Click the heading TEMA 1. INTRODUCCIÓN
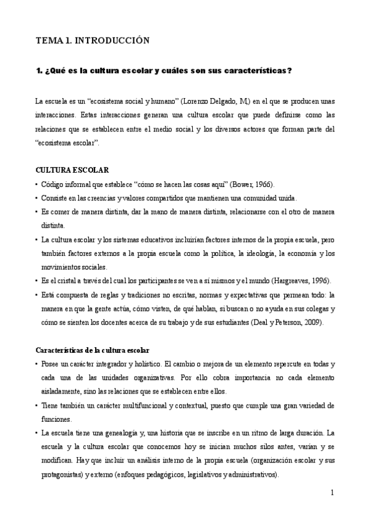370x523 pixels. (93, 41)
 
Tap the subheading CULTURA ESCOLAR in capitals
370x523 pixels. (73, 170)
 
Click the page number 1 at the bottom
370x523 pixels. (332, 492)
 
